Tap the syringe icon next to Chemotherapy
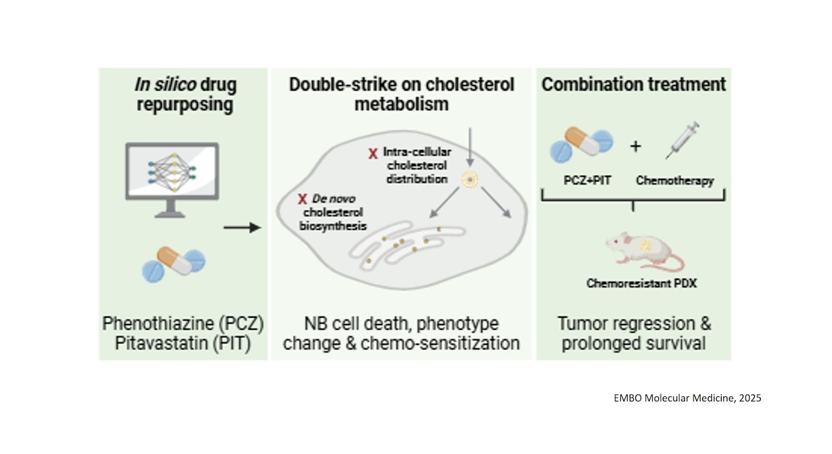682,140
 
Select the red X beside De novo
302,199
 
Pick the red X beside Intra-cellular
373,153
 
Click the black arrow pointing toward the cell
242,227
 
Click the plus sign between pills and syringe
635,146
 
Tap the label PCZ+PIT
587,180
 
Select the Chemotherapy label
674,180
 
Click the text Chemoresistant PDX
641,283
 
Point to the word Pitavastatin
161,343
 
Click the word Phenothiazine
158,323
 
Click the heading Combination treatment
633,84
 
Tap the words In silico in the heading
165,84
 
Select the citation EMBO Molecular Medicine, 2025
687,398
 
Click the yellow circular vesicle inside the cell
470,180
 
